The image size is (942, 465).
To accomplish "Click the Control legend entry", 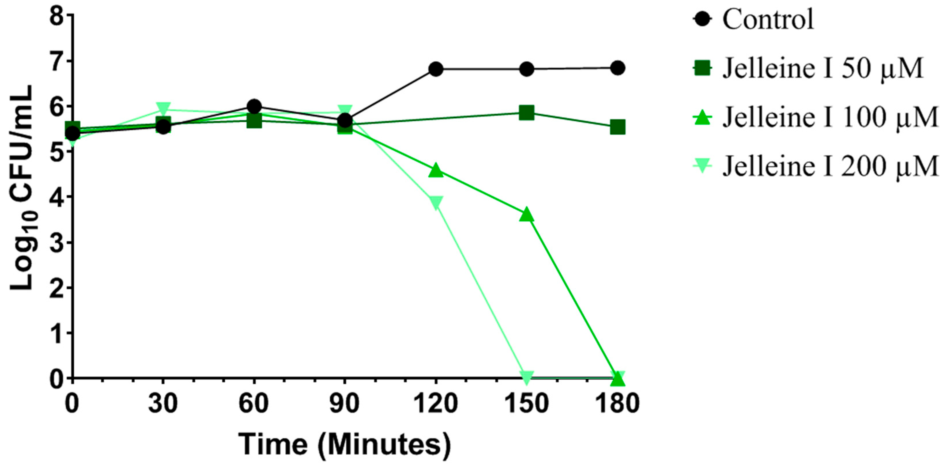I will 768,19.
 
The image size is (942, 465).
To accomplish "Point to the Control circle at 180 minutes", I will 618,68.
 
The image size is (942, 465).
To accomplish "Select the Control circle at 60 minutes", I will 254,106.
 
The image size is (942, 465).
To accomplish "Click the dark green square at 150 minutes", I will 526,113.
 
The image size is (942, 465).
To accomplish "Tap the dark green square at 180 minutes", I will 618,128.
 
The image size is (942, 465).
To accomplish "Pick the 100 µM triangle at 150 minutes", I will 526,215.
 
